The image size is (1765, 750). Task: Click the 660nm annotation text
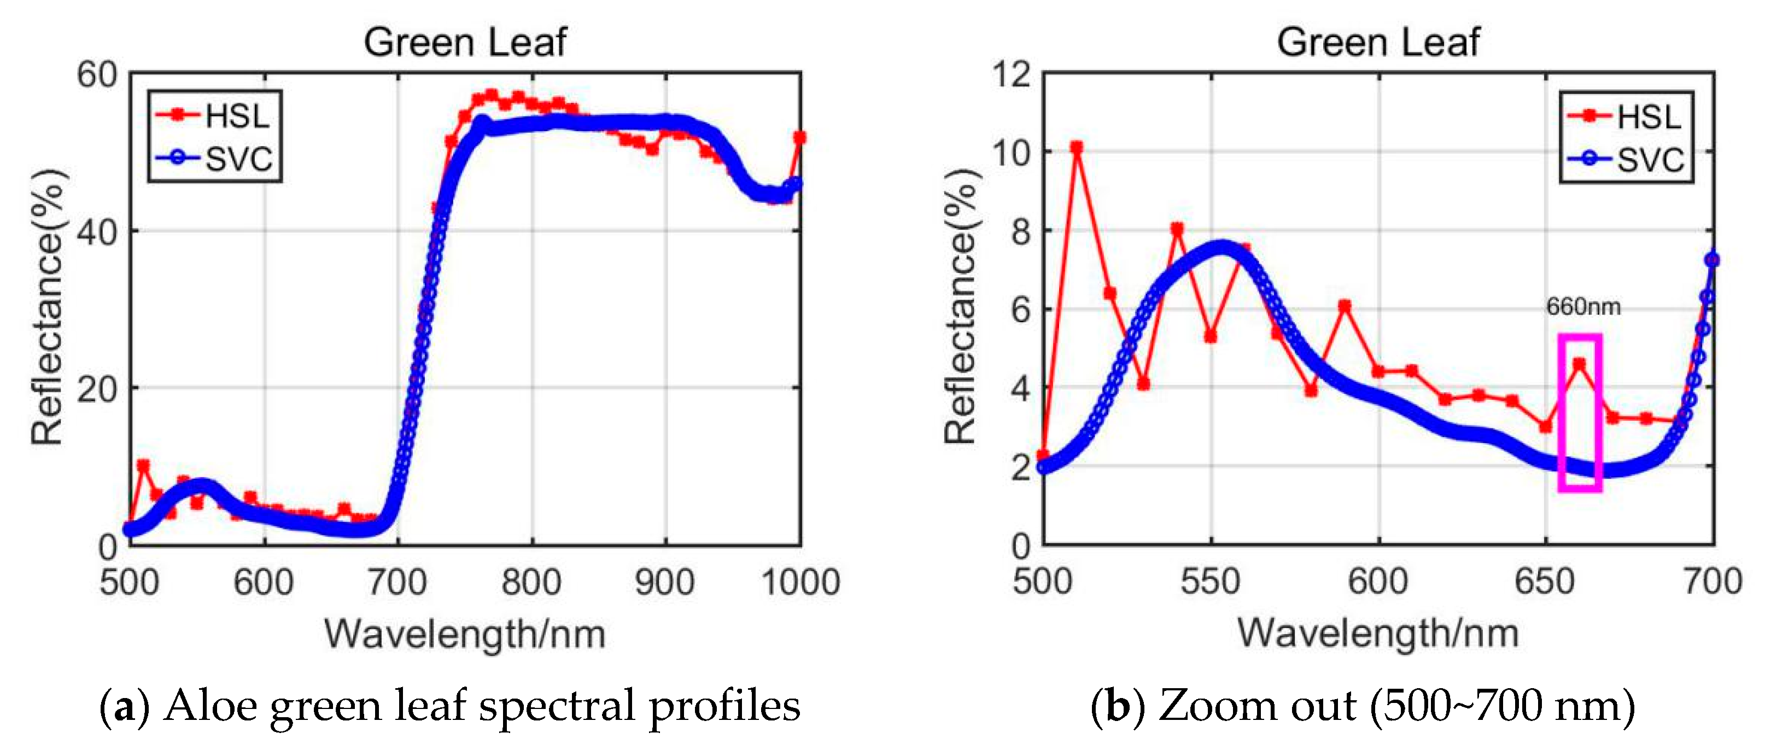click(1583, 306)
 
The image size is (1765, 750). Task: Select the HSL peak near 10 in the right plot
click(1077, 147)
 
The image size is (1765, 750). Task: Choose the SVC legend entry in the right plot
click(1627, 159)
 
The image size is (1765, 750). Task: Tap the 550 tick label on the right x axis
click(1210, 582)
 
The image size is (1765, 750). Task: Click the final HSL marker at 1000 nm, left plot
click(799, 138)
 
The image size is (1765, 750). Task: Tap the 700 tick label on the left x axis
click(398, 582)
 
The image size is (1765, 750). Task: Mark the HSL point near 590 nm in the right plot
click(1345, 306)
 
